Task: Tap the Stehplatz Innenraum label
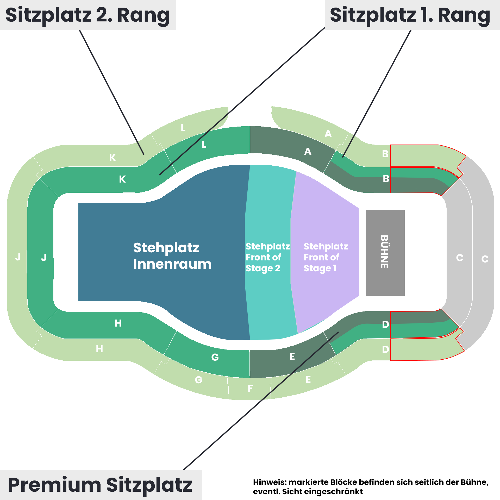172,256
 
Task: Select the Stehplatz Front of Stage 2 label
267,257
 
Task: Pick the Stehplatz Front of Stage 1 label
325,257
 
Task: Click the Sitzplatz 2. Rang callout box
88,15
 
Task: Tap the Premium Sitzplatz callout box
100,485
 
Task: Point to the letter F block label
250,388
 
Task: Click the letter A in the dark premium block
308,151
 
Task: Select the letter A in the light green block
328,134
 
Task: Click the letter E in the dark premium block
292,357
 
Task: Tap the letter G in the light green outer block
199,380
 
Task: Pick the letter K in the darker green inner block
122,179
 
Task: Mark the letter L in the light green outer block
183,128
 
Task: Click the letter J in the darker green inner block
44,258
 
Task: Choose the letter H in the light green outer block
99,349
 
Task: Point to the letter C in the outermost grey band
485,259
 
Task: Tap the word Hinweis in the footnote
270,482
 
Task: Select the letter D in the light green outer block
385,349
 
